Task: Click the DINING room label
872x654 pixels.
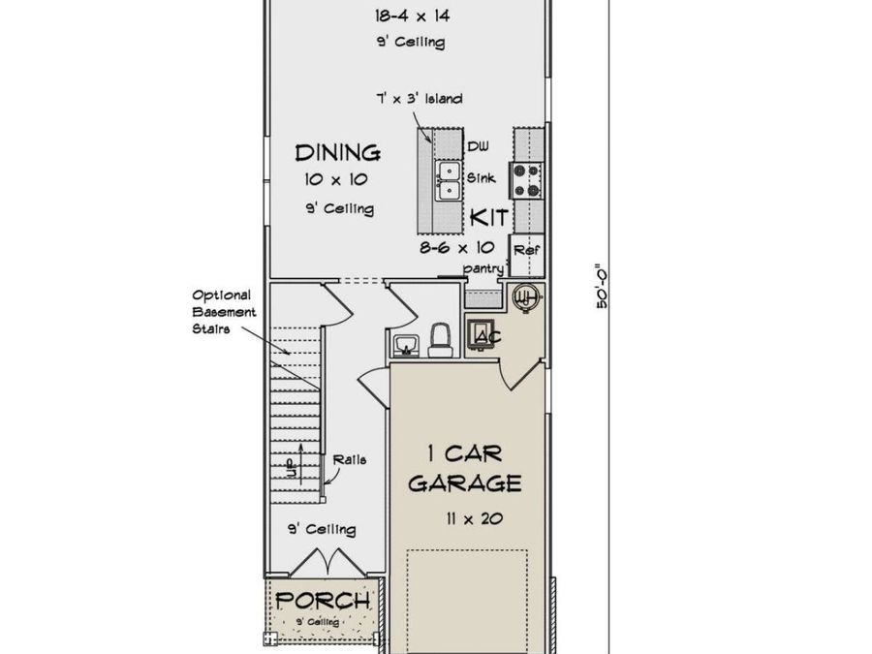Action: point(337,153)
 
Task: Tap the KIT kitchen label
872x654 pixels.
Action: point(489,217)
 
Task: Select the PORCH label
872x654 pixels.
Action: point(323,601)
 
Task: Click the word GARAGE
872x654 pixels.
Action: point(465,483)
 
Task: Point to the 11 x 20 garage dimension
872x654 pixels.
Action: point(475,519)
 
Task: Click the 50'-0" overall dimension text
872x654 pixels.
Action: point(601,286)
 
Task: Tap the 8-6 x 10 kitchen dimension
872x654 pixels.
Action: point(457,247)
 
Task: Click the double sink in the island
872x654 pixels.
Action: point(448,180)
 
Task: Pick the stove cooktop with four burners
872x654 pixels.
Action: point(526,180)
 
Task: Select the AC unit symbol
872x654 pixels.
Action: point(482,335)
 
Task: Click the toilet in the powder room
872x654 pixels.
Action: point(442,340)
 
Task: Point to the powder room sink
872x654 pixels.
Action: point(405,346)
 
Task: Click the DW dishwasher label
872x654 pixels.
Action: point(479,147)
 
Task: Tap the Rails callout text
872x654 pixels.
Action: point(350,460)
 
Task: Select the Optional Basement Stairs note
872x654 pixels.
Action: point(224,312)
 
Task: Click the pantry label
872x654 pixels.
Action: point(483,268)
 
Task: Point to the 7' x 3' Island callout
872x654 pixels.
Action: point(420,99)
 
